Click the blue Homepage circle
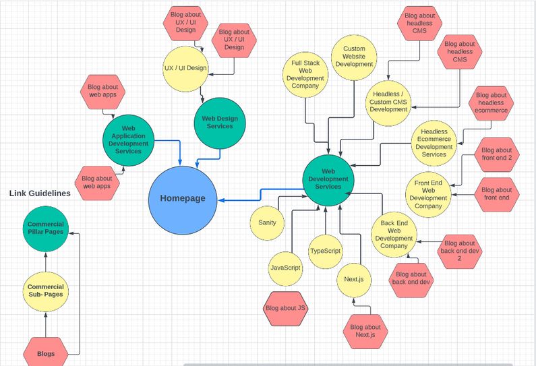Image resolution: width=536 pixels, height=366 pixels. pos(183,198)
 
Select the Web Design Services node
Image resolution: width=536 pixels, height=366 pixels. pos(220,123)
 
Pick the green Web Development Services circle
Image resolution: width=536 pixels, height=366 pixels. pos(328,179)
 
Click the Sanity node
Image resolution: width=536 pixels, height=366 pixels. pos(266,222)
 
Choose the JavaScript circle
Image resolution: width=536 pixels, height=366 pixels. pos(285,268)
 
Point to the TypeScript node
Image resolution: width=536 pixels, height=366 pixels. pos(325,251)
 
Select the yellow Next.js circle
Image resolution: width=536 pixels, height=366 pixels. pos(354,278)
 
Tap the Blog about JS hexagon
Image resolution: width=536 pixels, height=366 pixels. pos(286,308)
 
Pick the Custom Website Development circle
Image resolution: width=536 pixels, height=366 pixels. pos(354,57)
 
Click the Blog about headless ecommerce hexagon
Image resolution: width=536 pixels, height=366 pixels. pos(490,103)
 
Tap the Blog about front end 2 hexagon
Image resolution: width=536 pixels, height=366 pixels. pos(497,154)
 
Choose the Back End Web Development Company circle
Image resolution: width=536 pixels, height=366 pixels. pos(394,234)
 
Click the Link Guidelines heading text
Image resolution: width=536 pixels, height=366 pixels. pos(40,193)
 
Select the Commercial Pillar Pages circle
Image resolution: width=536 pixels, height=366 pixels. pos(46,228)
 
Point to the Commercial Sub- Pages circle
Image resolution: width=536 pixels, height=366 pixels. pos(46,291)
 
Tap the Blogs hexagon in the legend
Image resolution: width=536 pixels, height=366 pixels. pos(46,354)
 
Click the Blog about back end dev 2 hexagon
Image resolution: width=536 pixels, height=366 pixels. pos(460,251)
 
